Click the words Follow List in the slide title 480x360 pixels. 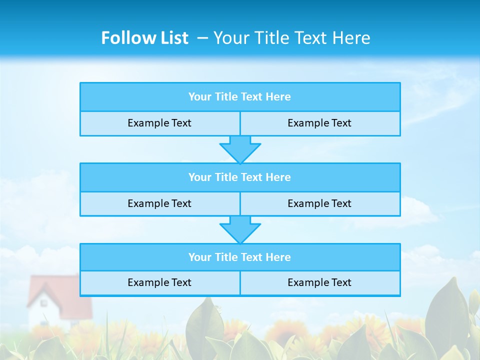click(x=144, y=38)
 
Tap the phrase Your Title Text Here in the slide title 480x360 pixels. click(x=291, y=38)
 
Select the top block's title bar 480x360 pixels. click(x=240, y=97)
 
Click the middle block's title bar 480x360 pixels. click(x=240, y=177)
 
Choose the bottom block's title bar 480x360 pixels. click(x=240, y=257)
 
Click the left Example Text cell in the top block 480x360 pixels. click(x=159, y=123)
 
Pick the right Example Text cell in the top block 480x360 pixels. click(x=319, y=123)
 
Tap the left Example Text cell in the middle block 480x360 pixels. click(x=159, y=203)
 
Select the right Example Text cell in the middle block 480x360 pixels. click(x=319, y=203)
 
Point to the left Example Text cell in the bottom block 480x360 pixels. click(x=159, y=282)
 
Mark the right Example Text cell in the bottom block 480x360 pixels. click(x=319, y=282)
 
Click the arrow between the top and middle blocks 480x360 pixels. click(x=240, y=149)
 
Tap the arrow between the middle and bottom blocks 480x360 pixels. click(x=240, y=229)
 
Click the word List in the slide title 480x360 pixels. click(x=172, y=38)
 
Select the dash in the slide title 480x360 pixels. click(x=203, y=38)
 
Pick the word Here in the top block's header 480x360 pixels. click(x=278, y=97)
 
